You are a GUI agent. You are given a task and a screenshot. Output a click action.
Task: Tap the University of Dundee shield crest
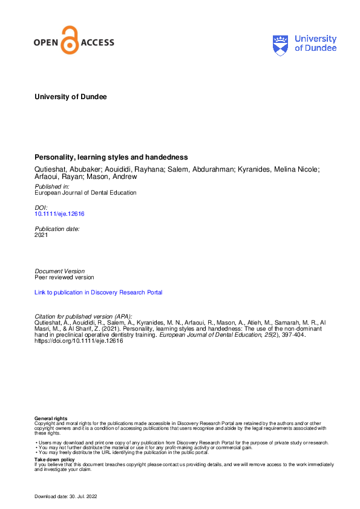[281, 44]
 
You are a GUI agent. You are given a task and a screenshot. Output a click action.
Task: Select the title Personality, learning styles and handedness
[111, 157]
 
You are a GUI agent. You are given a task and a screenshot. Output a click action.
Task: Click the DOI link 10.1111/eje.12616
[59, 214]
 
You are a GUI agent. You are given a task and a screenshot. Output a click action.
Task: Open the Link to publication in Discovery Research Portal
[99, 293]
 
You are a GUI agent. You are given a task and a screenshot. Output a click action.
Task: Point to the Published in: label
[52, 187]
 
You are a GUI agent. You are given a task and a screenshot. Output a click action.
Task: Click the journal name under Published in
[85, 193]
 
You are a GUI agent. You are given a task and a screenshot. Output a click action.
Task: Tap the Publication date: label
[57, 229]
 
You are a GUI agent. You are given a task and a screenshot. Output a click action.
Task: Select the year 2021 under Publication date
[42, 235]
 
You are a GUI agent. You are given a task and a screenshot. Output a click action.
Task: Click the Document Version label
[60, 271]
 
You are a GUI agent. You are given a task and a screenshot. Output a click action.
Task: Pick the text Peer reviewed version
[65, 277]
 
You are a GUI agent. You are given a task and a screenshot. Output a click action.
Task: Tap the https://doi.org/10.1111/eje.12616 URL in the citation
[79, 340]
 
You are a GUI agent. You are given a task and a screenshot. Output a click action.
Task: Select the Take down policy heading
[54, 460]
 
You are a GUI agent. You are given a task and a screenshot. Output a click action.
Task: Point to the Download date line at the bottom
[65, 496]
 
